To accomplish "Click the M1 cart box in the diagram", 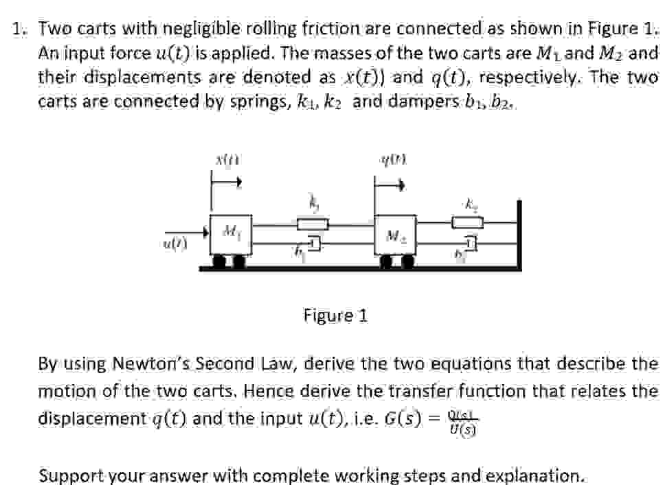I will (x=231, y=235).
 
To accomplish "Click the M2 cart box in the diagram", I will (x=395, y=237).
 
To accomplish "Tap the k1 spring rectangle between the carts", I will (x=313, y=223).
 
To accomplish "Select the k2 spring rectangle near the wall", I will (x=468, y=222).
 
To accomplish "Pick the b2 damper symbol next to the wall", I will (x=469, y=244).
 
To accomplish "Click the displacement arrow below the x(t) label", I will (x=227, y=183).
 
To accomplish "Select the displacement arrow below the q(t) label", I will (x=390, y=184).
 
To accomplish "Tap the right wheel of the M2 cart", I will (x=407, y=261).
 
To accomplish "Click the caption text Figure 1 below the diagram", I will (x=335, y=316).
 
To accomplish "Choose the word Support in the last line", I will (x=71, y=475).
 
